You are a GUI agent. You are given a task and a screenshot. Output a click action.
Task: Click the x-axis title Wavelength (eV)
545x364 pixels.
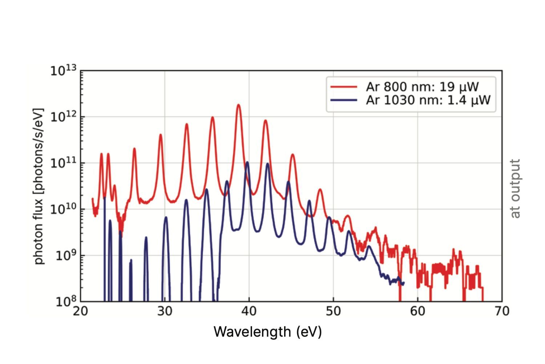(x=268, y=332)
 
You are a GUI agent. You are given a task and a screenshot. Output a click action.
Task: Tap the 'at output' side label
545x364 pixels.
(x=515, y=189)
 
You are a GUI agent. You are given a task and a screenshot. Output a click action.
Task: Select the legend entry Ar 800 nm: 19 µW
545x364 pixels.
(x=422, y=87)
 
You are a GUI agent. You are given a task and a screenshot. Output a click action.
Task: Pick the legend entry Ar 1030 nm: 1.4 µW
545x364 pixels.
(x=428, y=100)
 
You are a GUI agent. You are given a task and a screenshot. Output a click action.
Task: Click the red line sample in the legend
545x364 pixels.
(x=343, y=87)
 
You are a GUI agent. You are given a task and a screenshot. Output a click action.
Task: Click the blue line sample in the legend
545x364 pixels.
(x=343, y=100)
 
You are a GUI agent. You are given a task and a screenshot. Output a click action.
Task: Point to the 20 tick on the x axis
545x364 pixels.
(x=80, y=311)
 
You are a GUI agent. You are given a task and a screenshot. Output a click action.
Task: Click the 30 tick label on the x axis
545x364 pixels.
(x=165, y=311)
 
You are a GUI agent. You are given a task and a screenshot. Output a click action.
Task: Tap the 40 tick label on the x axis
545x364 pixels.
(x=249, y=311)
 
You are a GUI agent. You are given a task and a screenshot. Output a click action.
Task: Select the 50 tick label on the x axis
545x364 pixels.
(x=333, y=311)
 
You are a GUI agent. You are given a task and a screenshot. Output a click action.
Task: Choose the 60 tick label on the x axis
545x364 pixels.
(x=417, y=311)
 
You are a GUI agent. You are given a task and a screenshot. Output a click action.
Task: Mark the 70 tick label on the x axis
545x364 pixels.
(x=502, y=311)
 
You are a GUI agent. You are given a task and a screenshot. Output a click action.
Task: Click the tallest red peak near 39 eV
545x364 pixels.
(x=239, y=105)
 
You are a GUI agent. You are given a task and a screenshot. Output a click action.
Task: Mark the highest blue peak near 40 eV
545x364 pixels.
(x=247, y=162)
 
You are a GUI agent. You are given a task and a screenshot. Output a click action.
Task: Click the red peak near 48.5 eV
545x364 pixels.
(x=320, y=190)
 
